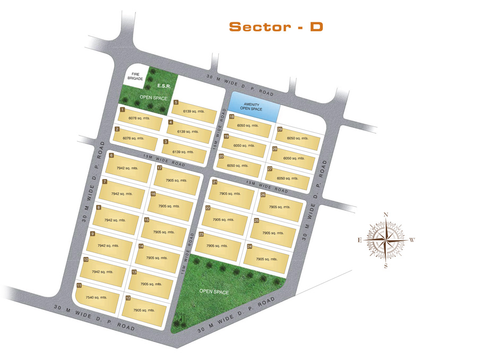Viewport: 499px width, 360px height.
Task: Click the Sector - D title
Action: click(276, 27)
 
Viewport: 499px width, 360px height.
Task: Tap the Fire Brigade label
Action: click(135, 76)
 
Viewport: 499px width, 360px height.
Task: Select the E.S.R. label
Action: click(164, 86)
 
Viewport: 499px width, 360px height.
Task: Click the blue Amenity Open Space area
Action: click(254, 107)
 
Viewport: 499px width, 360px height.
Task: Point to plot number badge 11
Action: click(79, 286)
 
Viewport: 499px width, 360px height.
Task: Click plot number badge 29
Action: click(280, 129)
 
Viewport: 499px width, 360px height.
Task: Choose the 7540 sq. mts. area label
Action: click(96, 298)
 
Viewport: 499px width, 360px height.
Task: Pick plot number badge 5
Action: click(176, 102)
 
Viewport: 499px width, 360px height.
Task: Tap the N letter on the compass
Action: click(386, 215)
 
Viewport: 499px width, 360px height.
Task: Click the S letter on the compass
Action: click(386, 266)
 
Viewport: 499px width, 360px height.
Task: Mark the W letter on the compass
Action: click(412, 240)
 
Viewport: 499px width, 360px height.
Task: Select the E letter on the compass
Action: click(360, 240)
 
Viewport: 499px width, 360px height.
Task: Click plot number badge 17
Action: click(160, 168)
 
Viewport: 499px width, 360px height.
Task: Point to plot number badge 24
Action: click(249, 246)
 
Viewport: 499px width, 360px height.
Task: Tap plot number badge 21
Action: click(215, 182)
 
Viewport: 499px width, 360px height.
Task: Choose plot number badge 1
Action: click(123, 109)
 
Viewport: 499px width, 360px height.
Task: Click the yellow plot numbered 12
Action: click(144, 311)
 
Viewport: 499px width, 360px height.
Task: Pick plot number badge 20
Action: click(221, 156)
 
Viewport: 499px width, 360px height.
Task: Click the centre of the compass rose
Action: click(386, 239)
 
